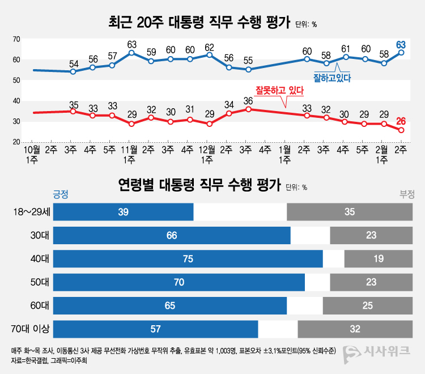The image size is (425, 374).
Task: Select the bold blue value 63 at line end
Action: click(x=401, y=44)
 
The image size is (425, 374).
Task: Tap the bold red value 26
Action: click(x=401, y=120)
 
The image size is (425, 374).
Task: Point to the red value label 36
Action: click(x=248, y=101)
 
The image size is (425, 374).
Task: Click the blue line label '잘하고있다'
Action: click(x=333, y=77)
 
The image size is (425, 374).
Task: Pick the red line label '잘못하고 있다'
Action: click(x=280, y=90)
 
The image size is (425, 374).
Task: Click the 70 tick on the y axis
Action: click(x=16, y=39)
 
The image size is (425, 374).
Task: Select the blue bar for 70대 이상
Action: click(x=156, y=329)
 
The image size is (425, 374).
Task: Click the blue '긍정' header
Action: click(x=61, y=194)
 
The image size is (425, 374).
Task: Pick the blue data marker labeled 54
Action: click(x=73, y=71)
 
